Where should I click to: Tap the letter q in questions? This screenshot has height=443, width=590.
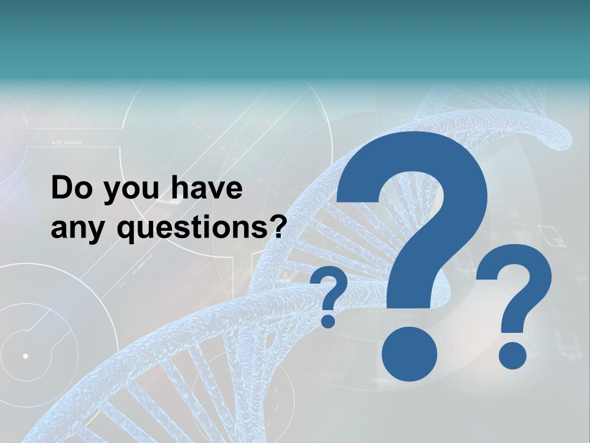pyautogui.click(x=127, y=232)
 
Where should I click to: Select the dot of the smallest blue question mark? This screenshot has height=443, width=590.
pyautogui.click(x=329, y=321)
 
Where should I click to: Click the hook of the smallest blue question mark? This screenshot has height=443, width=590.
pyautogui.click(x=332, y=286)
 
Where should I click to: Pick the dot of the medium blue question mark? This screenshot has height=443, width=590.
pyautogui.click(x=512, y=356)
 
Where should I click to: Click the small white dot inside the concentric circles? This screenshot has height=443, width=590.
pyautogui.click(x=25, y=356)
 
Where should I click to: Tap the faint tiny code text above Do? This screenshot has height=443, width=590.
pyautogui.click(x=67, y=143)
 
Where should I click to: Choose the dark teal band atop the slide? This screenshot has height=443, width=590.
pyautogui.click(x=295, y=37)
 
